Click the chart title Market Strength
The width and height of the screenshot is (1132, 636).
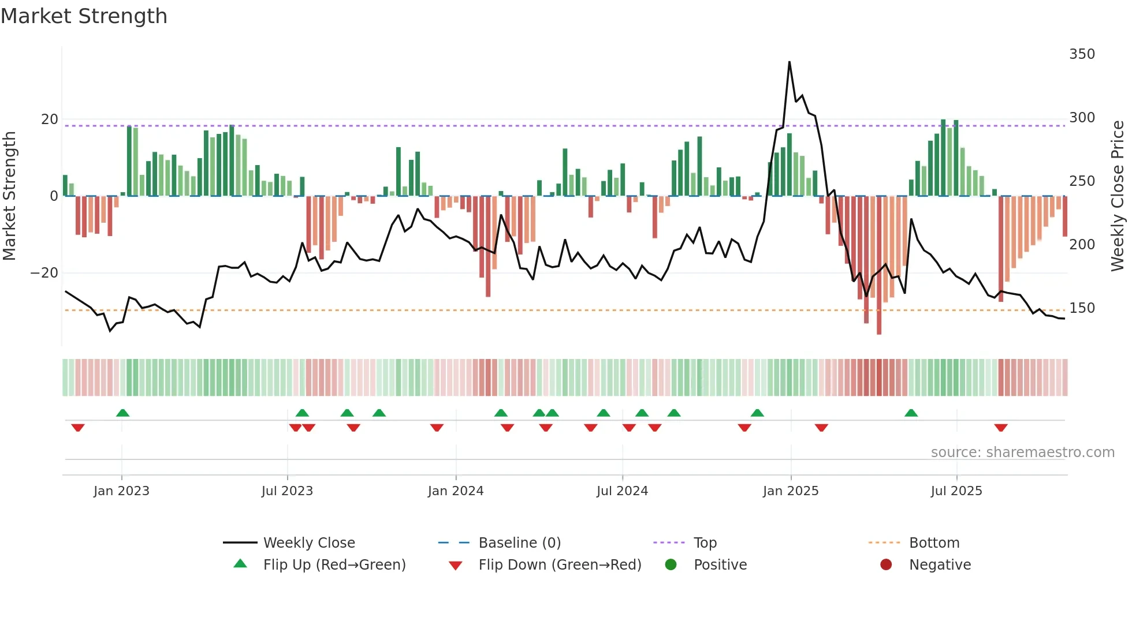point(84,16)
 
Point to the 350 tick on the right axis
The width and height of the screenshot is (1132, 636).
point(1082,54)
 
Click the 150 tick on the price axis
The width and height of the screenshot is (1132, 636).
point(1082,308)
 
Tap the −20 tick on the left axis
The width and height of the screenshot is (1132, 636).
point(44,273)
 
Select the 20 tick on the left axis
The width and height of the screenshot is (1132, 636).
point(50,119)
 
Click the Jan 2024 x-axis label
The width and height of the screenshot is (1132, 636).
point(455,491)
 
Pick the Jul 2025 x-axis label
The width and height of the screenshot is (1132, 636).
point(956,491)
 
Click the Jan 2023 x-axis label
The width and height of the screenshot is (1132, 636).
point(121,491)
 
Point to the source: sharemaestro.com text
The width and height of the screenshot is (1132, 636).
point(1022,452)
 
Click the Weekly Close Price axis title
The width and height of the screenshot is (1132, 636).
point(1118,196)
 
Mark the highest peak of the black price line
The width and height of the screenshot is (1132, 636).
point(789,62)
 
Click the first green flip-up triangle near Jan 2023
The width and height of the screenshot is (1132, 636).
point(122,413)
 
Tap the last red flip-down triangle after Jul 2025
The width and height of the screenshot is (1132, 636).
point(1001,428)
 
